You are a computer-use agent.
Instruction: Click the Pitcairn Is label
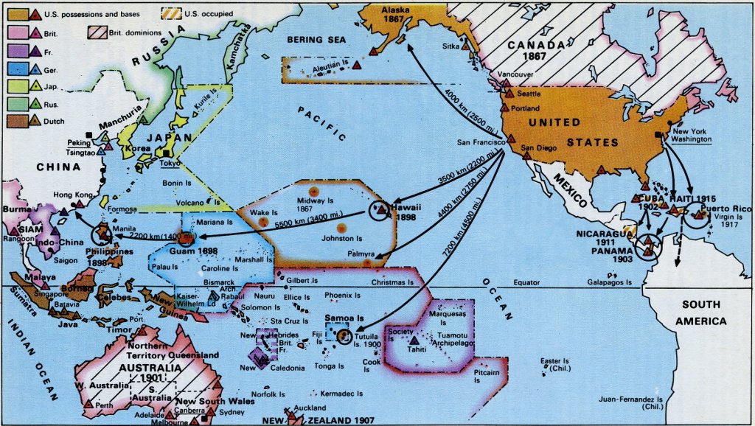[x=470, y=376]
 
